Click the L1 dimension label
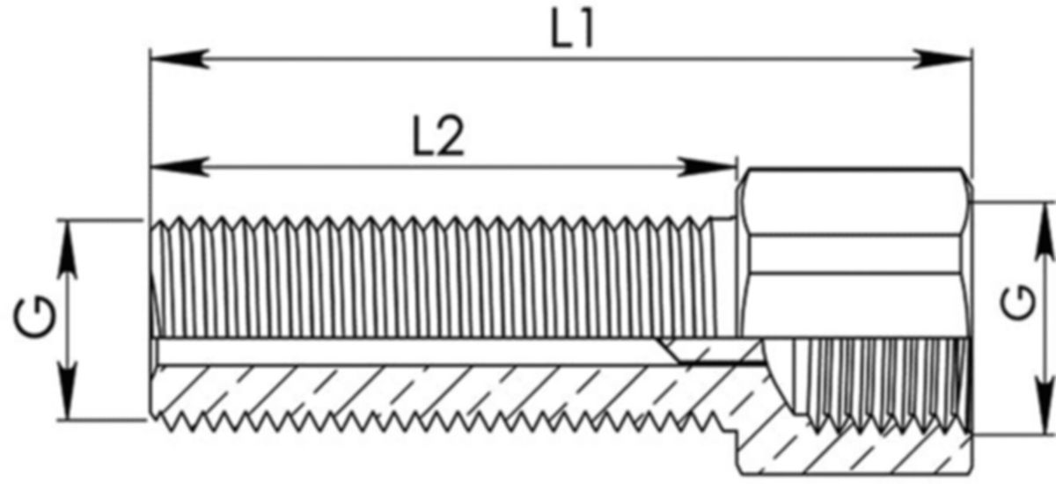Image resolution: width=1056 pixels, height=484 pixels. click(573, 31)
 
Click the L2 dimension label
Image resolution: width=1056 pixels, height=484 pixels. click(437, 138)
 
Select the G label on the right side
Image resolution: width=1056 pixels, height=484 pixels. click(1019, 304)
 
